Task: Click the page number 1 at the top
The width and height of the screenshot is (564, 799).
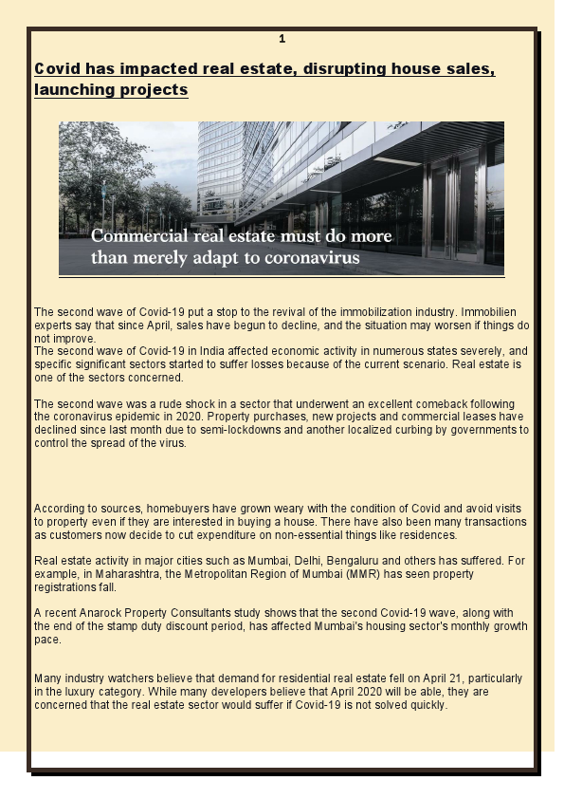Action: pyautogui.click(x=282, y=39)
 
